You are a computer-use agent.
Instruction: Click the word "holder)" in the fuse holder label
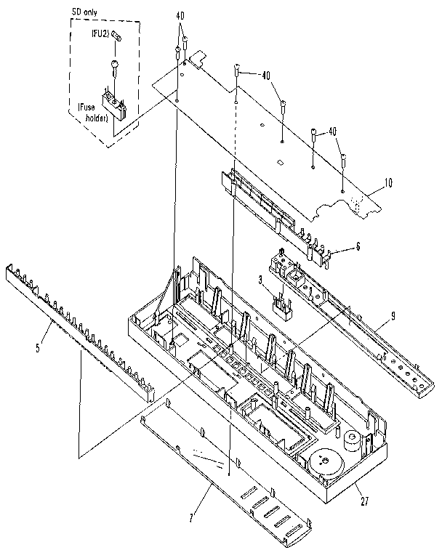point(95,120)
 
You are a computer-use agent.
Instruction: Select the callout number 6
point(357,247)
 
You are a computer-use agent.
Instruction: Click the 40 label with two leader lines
point(180,16)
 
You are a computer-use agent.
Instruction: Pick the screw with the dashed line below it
point(238,70)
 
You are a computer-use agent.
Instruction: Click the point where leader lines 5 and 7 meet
point(78,454)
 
